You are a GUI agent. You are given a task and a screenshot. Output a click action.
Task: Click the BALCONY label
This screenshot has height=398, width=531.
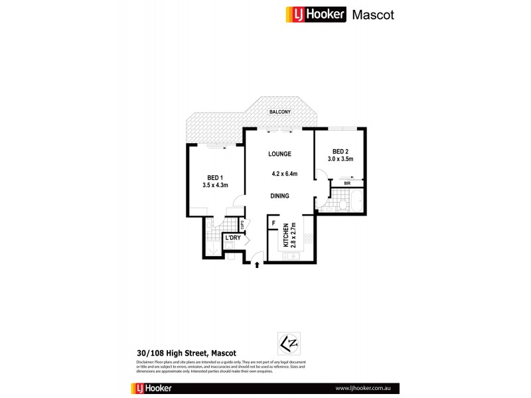[279, 112]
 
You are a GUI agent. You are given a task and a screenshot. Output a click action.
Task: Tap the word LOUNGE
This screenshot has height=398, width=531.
[279, 154]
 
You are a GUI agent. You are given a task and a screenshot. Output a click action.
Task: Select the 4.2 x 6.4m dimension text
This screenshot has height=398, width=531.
[284, 174]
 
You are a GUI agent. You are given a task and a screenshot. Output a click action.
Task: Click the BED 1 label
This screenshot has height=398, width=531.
[215, 177]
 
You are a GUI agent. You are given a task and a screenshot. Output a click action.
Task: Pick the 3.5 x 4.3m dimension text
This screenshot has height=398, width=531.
[215, 185]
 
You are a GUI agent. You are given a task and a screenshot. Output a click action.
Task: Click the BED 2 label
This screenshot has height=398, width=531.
[340, 151]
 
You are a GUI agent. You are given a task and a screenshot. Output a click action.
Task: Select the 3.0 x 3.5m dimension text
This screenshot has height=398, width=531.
[340, 159]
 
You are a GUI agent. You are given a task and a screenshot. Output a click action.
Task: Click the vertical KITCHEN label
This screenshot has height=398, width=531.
[287, 235]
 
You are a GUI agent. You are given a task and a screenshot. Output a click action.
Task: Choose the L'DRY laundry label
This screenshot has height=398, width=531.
[232, 237]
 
